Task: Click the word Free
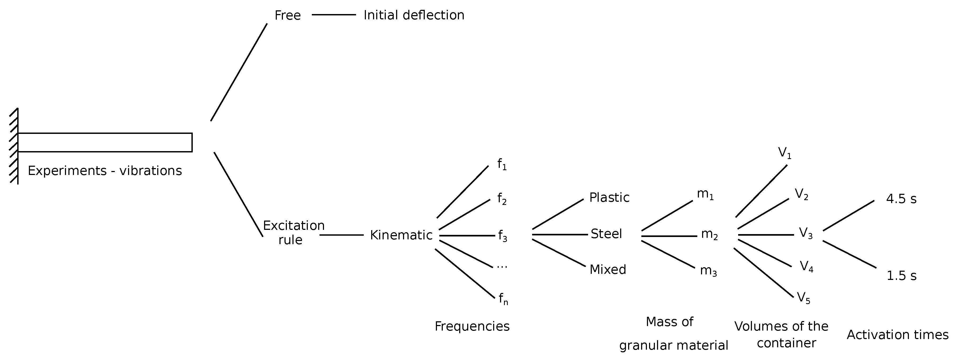click(287, 15)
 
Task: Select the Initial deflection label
click(414, 15)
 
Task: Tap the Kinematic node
click(401, 235)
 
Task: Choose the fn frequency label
click(503, 299)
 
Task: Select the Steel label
click(606, 234)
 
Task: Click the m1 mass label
click(705, 195)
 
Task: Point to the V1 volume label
click(784, 153)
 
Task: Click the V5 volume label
click(803, 298)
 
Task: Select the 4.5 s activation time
click(901, 199)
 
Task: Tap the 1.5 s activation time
click(901, 276)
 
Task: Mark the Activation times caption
click(897, 335)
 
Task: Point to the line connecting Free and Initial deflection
click(334, 15)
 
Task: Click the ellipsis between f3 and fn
click(502, 266)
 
